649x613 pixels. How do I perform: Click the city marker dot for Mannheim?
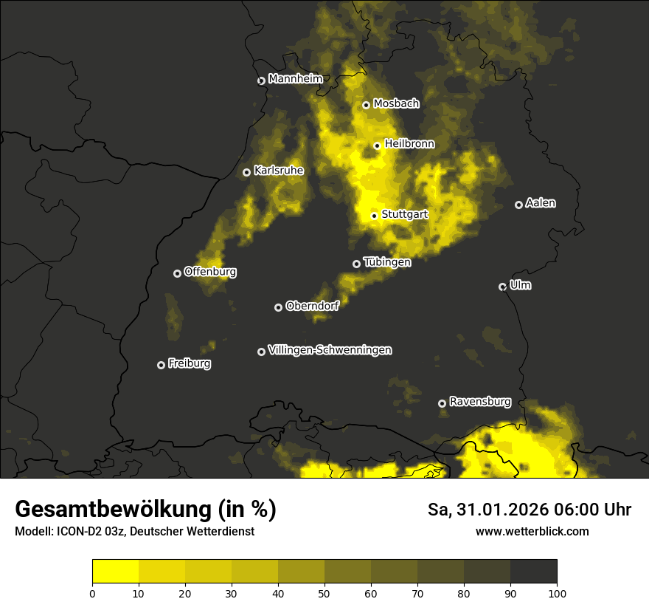(x=261, y=81)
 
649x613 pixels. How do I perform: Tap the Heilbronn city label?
(x=409, y=144)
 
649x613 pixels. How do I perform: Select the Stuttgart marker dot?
(x=375, y=216)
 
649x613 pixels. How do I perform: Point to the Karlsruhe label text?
(x=279, y=171)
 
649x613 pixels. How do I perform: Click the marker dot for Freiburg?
(x=162, y=365)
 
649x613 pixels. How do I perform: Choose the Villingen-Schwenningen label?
(x=330, y=350)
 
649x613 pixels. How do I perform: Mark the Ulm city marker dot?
(x=503, y=287)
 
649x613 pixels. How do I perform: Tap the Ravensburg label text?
(x=479, y=402)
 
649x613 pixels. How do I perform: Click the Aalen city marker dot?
(x=519, y=205)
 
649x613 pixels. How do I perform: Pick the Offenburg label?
(x=210, y=272)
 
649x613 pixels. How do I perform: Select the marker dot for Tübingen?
(x=357, y=264)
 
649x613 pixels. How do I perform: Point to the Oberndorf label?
(x=312, y=306)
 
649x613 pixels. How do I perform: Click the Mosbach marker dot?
(x=367, y=105)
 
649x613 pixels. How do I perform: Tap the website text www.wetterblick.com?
(x=532, y=531)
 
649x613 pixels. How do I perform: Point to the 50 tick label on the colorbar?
(x=324, y=592)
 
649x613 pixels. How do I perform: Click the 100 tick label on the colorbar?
(x=557, y=592)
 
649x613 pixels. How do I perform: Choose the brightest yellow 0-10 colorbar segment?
(x=116, y=572)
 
